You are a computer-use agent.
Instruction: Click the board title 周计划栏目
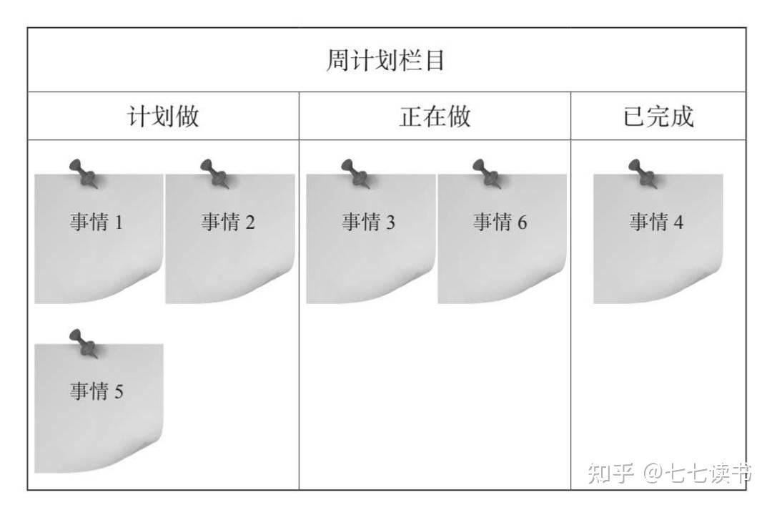pyautogui.click(x=385, y=60)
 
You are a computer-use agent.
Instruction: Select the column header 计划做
pyautogui.click(x=163, y=117)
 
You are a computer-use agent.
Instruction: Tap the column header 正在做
pyautogui.click(x=435, y=117)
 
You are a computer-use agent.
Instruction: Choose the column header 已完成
pyautogui.click(x=658, y=117)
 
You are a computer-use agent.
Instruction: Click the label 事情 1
pyautogui.click(x=96, y=222)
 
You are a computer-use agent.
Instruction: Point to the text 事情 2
pyautogui.click(x=228, y=222)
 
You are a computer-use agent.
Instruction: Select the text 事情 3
pyautogui.click(x=369, y=222)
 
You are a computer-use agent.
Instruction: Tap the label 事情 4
pyautogui.click(x=656, y=222)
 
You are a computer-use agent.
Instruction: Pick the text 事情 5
pyautogui.click(x=96, y=391)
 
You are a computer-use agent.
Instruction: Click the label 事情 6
pyautogui.click(x=500, y=222)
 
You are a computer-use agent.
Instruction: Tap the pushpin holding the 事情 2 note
pyautogui.click(x=215, y=173)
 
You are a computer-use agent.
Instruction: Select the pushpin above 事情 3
pyautogui.click(x=356, y=173)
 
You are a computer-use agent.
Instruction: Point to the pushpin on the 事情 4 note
pyautogui.click(x=643, y=173)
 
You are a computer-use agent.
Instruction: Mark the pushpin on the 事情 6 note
pyautogui.click(x=488, y=173)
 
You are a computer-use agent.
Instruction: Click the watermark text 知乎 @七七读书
pyautogui.click(x=670, y=473)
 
